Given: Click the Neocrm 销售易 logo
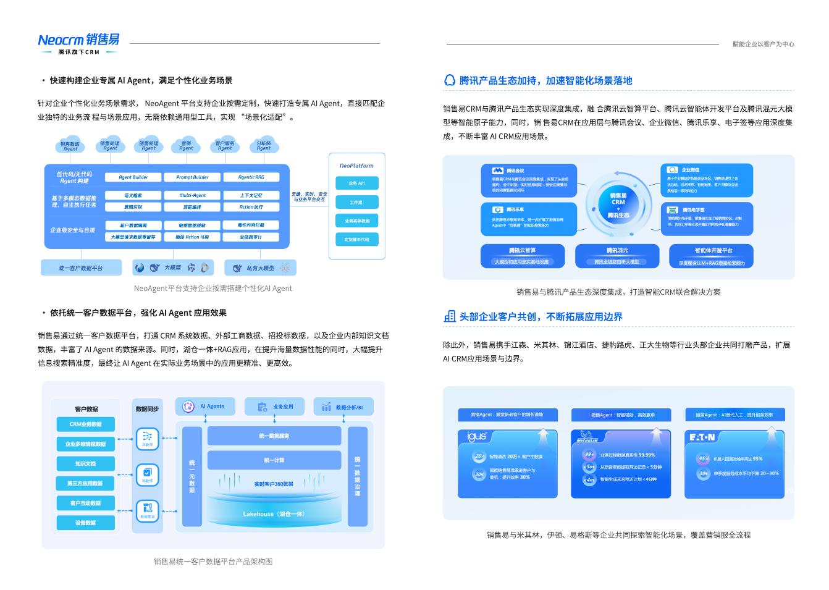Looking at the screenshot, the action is coord(78,40).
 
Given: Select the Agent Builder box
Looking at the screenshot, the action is coord(133,177).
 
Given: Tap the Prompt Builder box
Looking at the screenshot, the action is coord(192,177).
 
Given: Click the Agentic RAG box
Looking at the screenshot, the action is coord(251,177).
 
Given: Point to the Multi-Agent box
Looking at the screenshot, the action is coord(192,195).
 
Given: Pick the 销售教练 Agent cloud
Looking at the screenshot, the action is coord(70,146).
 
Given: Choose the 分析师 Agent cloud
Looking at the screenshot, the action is coord(264,146).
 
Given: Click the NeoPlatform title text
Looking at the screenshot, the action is coord(356,166).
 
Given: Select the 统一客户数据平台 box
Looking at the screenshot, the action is coord(81,268).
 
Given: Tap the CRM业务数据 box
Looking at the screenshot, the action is coord(86,424).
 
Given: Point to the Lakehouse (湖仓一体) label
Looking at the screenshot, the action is coord(274,514).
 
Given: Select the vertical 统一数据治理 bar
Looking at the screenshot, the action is coord(357,476).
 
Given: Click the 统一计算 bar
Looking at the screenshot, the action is coord(274,460).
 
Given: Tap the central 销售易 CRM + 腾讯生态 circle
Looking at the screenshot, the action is coord(618,203).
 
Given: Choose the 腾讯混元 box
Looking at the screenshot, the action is coord(616,255).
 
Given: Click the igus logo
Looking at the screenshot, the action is coord(476,437).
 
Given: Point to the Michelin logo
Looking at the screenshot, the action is coord(587,437).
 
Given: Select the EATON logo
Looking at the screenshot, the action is coord(702,437).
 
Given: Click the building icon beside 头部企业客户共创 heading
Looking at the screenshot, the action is coord(450,317).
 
